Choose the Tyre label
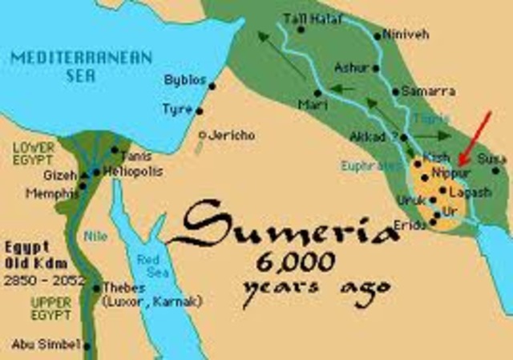coord(177,108)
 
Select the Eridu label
coord(414,226)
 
